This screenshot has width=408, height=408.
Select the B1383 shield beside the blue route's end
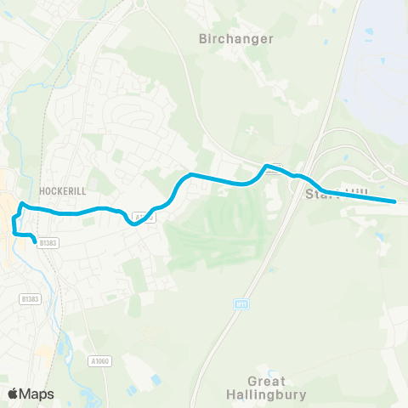click(49, 242)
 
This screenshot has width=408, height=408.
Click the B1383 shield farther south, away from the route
click(31, 298)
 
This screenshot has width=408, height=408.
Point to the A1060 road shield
click(99, 360)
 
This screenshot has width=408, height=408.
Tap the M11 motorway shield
click(241, 303)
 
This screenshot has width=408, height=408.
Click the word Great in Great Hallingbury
click(267, 382)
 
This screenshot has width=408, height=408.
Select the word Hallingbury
click(267, 394)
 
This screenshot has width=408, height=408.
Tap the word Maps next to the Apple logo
click(37, 394)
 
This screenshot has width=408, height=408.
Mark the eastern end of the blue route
click(395, 201)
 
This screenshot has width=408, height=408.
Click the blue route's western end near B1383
click(36, 243)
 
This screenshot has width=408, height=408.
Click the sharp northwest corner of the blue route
click(22, 204)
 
